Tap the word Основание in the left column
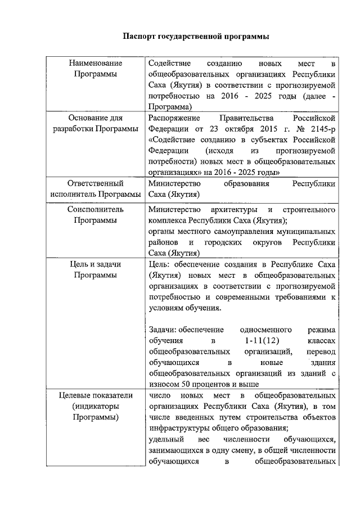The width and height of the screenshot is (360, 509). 88,118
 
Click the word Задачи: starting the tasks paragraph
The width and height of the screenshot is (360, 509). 163,330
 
